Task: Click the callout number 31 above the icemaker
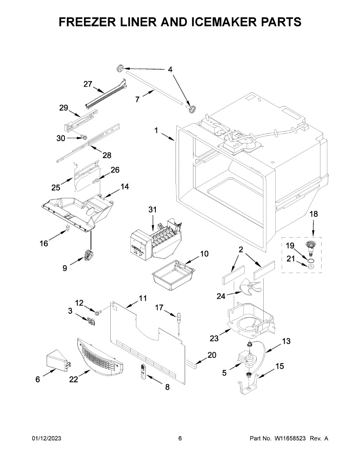pos(152,210)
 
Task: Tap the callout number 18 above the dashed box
pos(313,214)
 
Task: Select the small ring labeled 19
pos(311,255)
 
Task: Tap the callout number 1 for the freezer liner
pos(156,131)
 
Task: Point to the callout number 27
pos(88,84)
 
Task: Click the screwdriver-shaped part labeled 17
pos(179,320)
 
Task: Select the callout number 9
pos(65,268)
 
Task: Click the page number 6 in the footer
pos(180,438)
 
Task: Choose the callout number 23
pos(214,338)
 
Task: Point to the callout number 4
pos(170,70)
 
